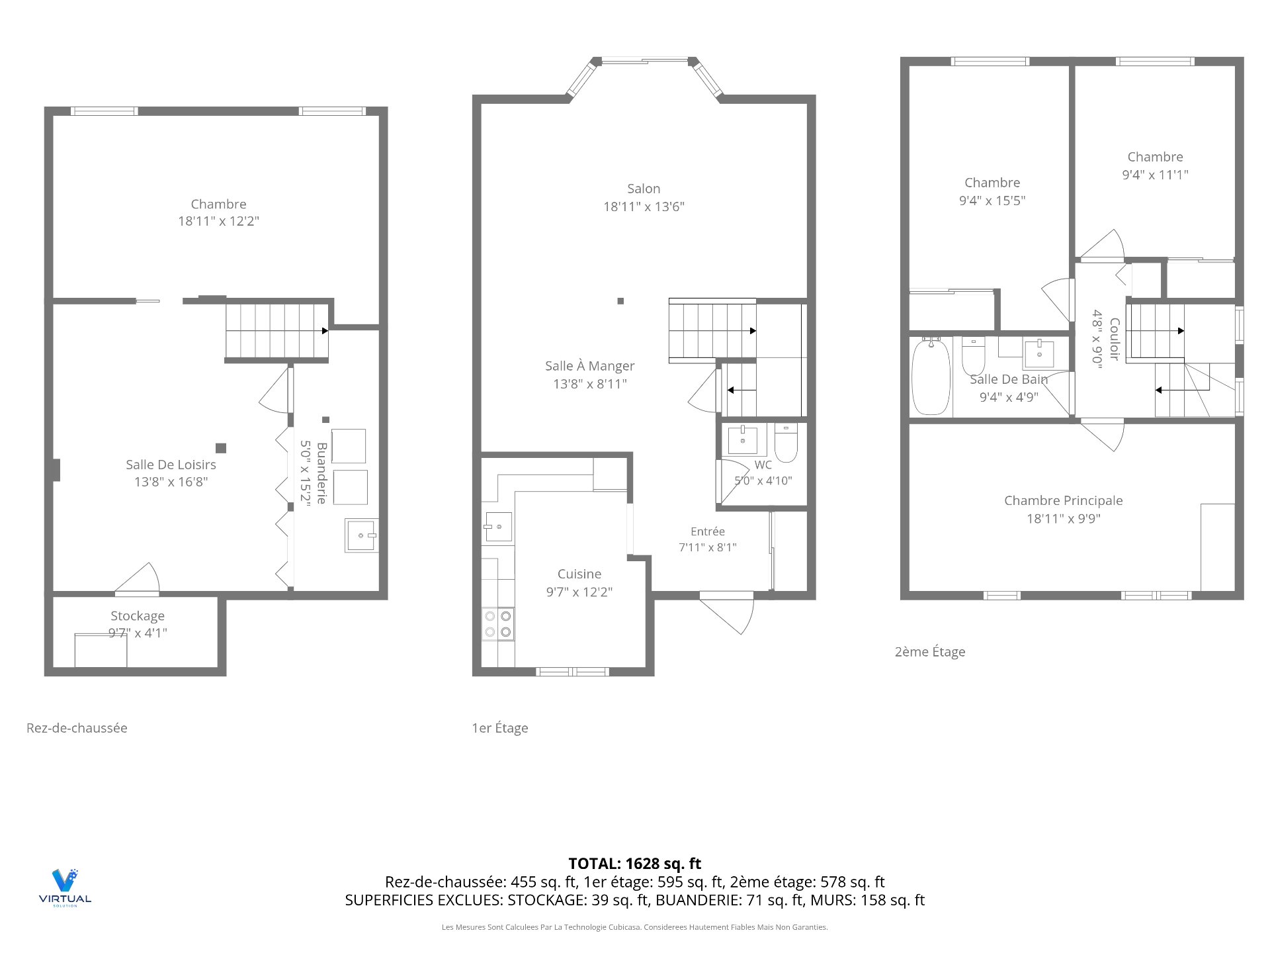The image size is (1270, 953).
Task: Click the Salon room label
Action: (644, 189)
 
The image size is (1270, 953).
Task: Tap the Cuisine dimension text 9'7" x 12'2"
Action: (579, 592)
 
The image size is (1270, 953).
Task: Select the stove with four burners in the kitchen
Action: (498, 623)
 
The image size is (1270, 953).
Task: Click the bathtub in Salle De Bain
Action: (931, 376)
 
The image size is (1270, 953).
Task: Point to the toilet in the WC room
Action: (786, 442)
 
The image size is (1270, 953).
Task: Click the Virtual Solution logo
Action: (65, 887)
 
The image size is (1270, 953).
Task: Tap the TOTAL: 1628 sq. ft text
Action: (635, 864)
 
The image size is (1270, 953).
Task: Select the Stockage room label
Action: (138, 615)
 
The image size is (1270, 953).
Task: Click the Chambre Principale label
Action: (1064, 500)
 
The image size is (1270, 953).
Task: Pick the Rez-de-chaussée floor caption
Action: (77, 728)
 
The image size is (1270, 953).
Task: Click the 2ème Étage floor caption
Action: (930, 652)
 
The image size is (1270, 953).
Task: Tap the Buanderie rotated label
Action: (322, 473)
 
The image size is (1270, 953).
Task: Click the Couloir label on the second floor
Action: (1115, 339)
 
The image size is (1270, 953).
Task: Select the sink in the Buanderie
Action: (361, 535)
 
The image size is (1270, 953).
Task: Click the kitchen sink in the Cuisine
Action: (498, 527)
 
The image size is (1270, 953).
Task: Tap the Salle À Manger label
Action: (590, 366)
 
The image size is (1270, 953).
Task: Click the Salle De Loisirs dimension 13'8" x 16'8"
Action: (171, 482)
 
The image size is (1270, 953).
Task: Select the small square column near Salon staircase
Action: (620, 301)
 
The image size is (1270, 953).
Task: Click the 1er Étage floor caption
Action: (500, 728)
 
